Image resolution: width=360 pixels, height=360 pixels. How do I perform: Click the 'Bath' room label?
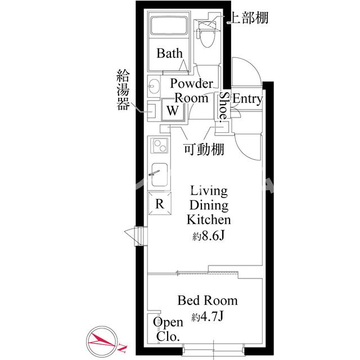click(x=169, y=54)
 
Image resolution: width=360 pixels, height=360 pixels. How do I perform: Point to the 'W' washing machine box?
click(x=173, y=110)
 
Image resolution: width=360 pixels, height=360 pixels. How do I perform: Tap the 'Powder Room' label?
click(x=192, y=91)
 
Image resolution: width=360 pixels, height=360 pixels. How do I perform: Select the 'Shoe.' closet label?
click(x=223, y=106)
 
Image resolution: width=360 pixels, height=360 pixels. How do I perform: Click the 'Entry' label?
click(x=247, y=100)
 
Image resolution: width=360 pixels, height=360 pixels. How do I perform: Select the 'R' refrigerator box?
click(x=159, y=204)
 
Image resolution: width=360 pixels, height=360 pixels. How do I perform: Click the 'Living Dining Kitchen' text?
click(x=208, y=205)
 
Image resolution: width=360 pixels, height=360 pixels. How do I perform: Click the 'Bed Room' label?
click(x=207, y=300)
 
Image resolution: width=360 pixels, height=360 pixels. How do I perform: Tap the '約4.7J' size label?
click(x=208, y=317)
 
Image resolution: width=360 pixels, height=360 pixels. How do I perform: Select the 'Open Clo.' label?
click(x=168, y=330)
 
